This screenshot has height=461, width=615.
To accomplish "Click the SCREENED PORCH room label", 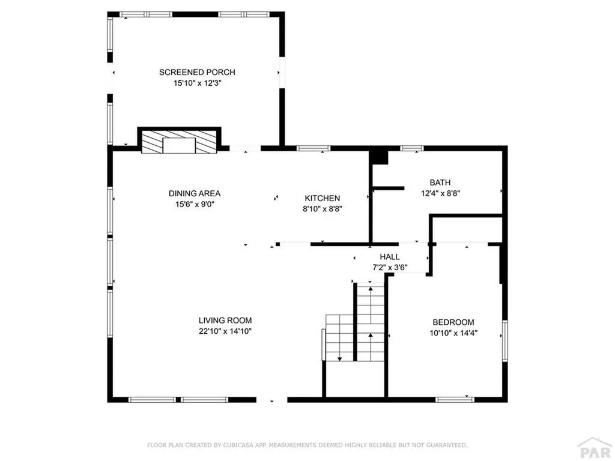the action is click(x=197, y=72).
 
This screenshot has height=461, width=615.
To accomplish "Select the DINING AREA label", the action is click(x=195, y=193).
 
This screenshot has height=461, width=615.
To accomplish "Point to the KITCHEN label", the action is click(x=323, y=198).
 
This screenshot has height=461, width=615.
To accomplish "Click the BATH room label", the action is click(x=440, y=182).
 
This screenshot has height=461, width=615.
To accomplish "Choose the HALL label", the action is click(x=390, y=257).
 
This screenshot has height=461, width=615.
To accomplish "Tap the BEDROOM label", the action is click(x=453, y=322).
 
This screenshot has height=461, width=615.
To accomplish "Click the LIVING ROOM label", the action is click(x=225, y=321).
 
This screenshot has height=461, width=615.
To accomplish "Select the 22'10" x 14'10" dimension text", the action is click(x=225, y=331).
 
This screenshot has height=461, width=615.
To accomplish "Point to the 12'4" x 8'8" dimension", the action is click(x=440, y=193).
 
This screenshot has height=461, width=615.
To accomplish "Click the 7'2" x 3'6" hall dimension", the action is click(x=390, y=268).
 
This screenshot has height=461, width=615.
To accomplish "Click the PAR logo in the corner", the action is click(x=595, y=448).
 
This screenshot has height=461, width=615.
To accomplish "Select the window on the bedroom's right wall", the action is click(x=505, y=341).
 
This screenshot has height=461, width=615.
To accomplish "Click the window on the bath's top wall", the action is click(x=412, y=148).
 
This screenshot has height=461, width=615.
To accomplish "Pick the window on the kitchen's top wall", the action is click(x=314, y=148).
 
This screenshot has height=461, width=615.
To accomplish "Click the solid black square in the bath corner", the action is click(x=380, y=157).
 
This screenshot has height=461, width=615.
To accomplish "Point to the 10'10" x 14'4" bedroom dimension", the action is click(x=453, y=333).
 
